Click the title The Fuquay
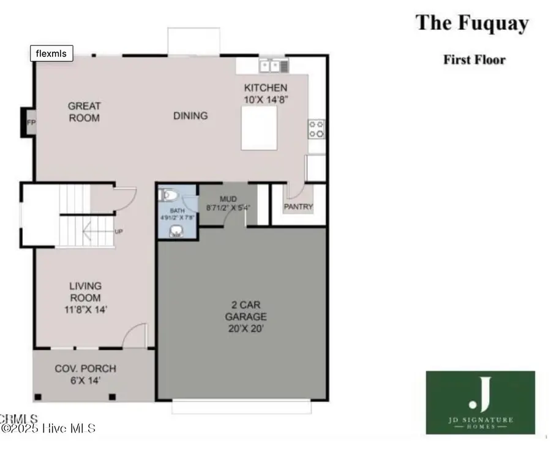(472, 23)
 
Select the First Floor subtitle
(474, 59)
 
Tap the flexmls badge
(52, 54)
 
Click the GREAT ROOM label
(84, 111)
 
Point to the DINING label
(190, 115)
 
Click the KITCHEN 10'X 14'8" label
(266, 93)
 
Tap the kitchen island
(259, 127)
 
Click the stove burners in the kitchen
(316, 128)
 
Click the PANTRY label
(298, 206)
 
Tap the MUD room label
(228, 203)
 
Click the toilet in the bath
(169, 196)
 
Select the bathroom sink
(178, 230)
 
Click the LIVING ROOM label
(85, 298)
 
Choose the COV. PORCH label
(85, 374)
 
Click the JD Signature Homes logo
(480, 402)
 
